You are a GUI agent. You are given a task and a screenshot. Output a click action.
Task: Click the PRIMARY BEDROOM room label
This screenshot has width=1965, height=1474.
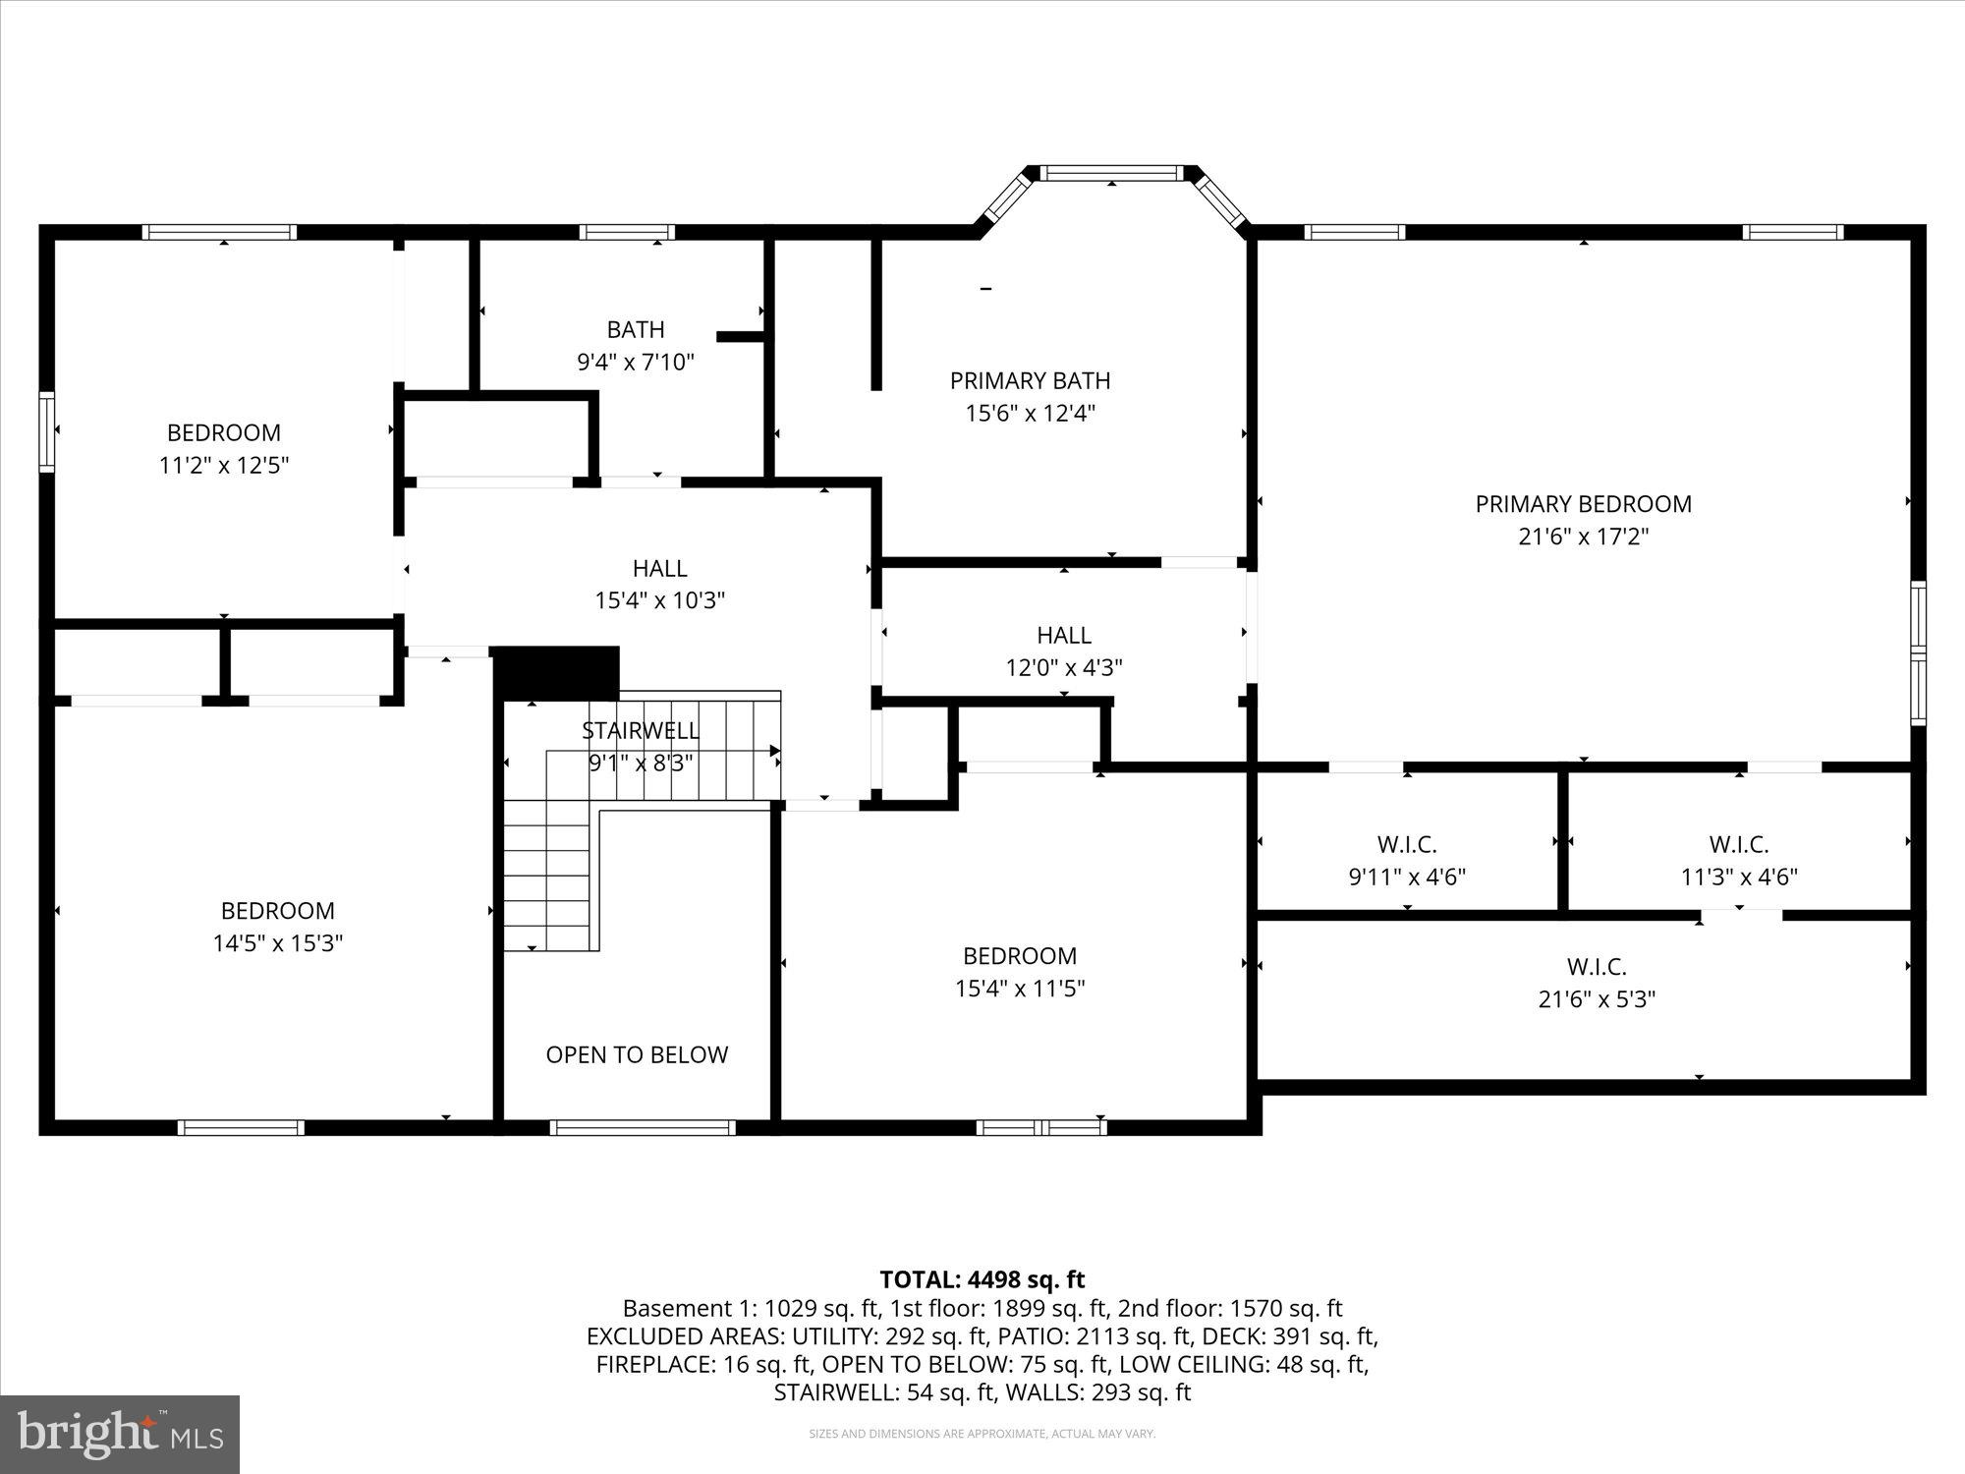[1583, 504]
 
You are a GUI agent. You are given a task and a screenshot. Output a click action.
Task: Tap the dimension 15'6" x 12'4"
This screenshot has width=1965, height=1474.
[1030, 413]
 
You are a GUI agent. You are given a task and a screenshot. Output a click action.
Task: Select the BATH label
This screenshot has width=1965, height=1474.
[636, 329]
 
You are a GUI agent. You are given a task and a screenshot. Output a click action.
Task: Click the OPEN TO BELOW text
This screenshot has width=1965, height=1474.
[637, 1054]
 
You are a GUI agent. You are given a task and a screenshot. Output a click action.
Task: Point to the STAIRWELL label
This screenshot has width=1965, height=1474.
[641, 730]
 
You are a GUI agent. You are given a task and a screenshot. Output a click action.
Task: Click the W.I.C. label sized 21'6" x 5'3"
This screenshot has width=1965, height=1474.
[1597, 966]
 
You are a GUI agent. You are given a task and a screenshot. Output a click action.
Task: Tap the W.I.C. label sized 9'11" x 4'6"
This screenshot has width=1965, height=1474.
[1407, 844]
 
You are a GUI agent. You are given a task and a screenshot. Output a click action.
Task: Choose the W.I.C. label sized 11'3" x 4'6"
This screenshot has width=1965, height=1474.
[1739, 844]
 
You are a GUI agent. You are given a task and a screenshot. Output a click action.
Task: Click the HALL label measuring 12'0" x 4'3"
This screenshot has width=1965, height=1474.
[1064, 635]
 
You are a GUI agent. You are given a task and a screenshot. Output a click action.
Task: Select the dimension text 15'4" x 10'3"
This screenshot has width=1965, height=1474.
[659, 600]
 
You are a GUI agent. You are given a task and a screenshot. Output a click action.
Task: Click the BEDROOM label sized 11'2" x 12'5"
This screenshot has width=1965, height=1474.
[224, 432]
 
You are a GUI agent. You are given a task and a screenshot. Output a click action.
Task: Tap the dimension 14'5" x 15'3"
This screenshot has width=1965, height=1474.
[278, 943]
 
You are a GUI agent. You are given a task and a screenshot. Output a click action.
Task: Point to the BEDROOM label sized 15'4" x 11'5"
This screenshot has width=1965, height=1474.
[1020, 955]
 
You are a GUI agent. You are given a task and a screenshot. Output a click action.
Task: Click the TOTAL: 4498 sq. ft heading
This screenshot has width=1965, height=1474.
[982, 1279]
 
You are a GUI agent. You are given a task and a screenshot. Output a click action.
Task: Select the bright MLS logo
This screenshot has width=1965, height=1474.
[120, 1435]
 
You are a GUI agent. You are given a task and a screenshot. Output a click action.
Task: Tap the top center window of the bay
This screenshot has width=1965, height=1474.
[1111, 174]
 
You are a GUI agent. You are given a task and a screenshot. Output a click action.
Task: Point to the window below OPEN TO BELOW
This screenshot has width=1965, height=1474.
[643, 1127]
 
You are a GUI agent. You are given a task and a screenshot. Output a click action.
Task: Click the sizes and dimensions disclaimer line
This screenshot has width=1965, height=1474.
[982, 1435]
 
